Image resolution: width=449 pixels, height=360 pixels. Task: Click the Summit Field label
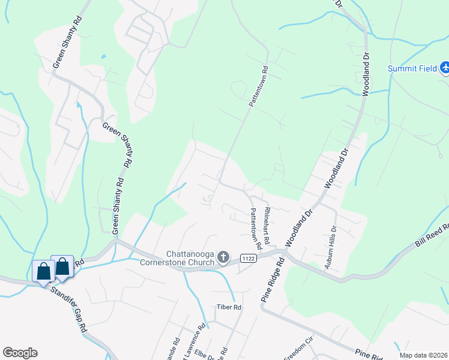click(x=412, y=68)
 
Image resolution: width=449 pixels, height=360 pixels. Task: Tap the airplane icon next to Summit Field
click(x=445, y=68)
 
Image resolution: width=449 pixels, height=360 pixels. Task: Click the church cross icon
click(x=223, y=258)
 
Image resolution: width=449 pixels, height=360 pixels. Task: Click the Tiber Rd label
click(x=229, y=307)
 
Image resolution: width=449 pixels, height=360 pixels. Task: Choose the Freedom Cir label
click(x=299, y=351)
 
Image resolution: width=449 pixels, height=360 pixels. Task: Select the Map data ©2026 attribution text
click(x=423, y=355)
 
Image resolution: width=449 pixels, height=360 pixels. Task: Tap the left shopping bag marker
click(x=44, y=271)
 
